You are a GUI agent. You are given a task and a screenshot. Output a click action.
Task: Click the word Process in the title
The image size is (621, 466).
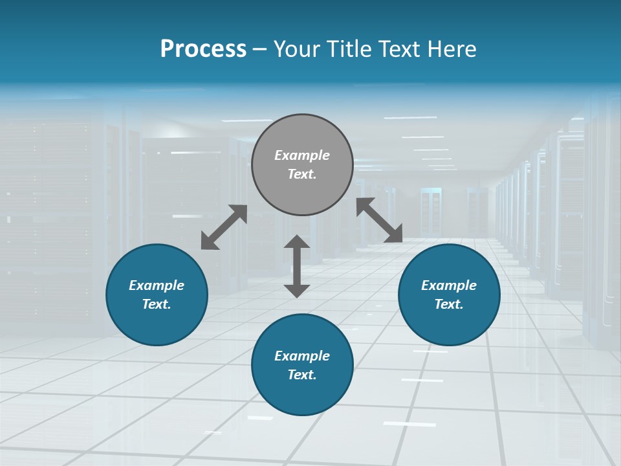pyautogui.click(x=203, y=49)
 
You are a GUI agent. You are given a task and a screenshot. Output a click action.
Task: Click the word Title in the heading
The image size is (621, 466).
pyautogui.click(x=349, y=49)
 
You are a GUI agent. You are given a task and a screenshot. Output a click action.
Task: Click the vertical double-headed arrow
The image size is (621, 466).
pyautogui.click(x=297, y=266)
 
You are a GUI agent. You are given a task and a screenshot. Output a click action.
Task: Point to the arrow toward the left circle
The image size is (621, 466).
pyautogui.click(x=224, y=227)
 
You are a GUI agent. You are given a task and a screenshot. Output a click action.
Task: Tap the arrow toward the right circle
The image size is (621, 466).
pyautogui.click(x=379, y=220)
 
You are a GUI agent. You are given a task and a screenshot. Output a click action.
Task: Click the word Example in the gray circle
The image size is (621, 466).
pyautogui.click(x=302, y=155)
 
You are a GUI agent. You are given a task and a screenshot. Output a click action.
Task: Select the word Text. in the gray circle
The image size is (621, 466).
pyautogui.click(x=302, y=174)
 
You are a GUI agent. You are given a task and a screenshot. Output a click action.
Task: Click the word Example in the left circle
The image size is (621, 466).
pyautogui.click(x=157, y=285)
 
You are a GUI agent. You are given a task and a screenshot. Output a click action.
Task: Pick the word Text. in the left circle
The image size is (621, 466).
pyautogui.click(x=157, y=304)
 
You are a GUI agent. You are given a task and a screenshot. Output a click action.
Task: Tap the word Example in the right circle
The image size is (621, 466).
pyautogui.click(x=449, y=285)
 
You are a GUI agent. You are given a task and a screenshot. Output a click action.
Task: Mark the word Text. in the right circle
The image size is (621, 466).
pyautogui.click(x=449, y=304)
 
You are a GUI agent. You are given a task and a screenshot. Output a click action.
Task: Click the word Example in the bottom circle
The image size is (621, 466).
pyautogui.click(x=302, y=356)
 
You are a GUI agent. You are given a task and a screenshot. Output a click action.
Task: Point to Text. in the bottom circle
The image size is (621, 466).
pyautogui.click(x=302, y=375)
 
